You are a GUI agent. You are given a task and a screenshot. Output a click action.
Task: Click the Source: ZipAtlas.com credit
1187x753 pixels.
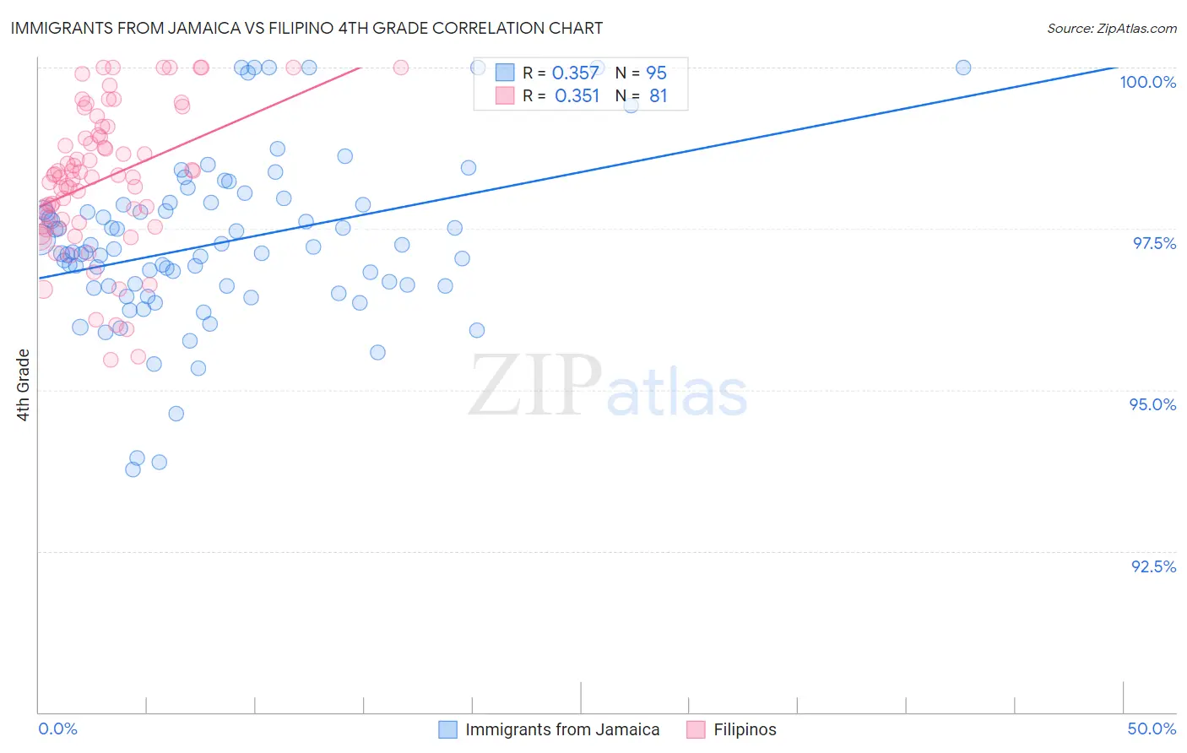(x=1111, y=29)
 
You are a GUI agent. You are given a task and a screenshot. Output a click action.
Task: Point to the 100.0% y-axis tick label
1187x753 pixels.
(x=1147, y=82)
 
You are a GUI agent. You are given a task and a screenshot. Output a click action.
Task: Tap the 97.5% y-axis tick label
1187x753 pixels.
(x=1154, y=243)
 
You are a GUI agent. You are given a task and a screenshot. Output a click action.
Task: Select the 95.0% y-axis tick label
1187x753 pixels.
(x=1152, y=404)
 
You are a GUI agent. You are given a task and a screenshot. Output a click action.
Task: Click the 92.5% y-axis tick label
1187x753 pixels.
(x=1153, y=566)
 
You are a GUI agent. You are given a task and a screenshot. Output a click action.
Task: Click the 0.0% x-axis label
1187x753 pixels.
(x=57, y=729)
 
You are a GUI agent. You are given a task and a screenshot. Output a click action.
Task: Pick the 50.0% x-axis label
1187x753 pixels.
(x=1152, y=729)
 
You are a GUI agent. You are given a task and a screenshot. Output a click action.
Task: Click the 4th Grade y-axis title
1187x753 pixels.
(x=24, y=384)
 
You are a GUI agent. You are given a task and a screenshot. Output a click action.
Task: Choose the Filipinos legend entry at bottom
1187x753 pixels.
(x=744, y=729)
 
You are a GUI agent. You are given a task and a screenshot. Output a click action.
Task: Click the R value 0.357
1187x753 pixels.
(x=575, y=73)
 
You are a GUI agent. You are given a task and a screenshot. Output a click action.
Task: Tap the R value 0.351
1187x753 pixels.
(x=577, y=96)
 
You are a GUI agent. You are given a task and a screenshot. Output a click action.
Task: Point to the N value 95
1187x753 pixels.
(x=656, y=73)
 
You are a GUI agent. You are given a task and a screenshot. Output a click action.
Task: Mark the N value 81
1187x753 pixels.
(x=658, y=96)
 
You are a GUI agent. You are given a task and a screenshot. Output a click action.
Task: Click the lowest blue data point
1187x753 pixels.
(x=133, y=469)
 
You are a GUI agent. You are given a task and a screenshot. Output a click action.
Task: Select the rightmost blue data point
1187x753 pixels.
(x=963, y=68)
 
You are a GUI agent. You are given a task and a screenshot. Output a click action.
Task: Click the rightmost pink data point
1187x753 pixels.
(x=401, y=68)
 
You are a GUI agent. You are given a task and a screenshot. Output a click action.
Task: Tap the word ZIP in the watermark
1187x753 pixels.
(x=535, y=386)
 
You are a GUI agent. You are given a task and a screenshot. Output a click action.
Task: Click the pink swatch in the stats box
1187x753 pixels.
(x=505, y=95)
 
